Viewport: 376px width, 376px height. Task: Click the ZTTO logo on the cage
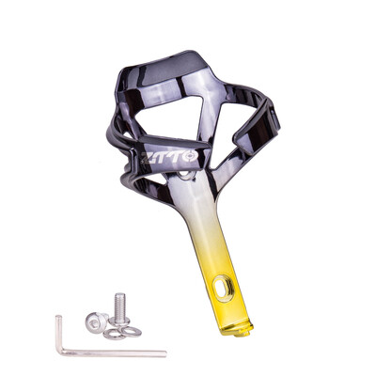169,157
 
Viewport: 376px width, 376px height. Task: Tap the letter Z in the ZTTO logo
147,158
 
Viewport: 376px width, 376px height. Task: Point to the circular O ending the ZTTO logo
191,156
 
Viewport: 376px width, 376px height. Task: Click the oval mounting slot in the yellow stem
224,284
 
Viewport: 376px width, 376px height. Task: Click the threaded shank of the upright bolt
120,305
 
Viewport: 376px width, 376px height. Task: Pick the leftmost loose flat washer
115,335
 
